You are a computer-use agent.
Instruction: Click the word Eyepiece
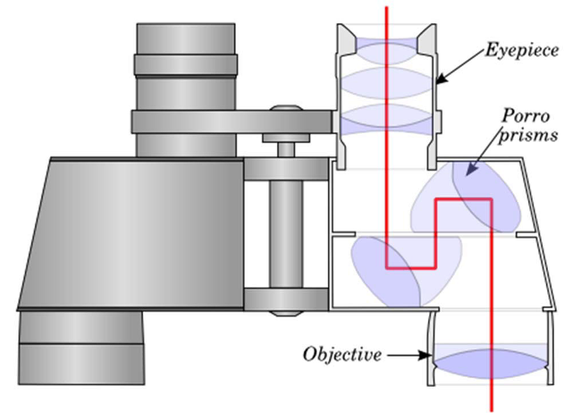pos(522,50)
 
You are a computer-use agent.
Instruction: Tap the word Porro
pos(526,116)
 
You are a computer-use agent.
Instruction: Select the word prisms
pos(528,136)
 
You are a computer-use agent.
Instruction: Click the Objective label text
pos(342,354)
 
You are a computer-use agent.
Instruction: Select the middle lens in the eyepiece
pos(388,83)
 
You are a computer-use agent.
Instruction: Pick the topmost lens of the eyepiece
pos(387,51)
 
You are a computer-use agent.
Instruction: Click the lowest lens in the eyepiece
pos(388,120)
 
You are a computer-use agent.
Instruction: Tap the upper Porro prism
pos(467,197)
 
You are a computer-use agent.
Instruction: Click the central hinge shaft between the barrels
pos(286,233)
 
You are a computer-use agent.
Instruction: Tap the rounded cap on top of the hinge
pos(286,108)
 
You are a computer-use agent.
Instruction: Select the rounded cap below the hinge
pos(286,314)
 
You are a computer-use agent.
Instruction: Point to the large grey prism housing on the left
pos(131,234)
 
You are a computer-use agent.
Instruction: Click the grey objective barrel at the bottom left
pos(81,348)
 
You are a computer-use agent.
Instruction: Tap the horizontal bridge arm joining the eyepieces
pos(233,122)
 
